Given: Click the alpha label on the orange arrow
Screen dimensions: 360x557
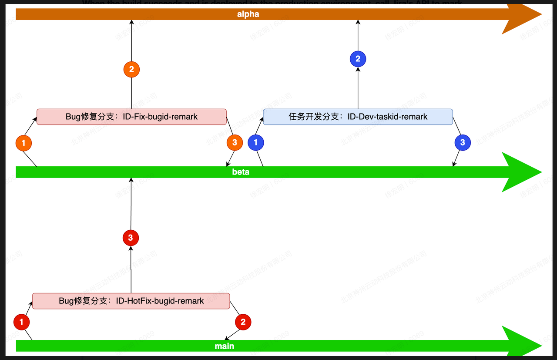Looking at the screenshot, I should [x=248, y=14].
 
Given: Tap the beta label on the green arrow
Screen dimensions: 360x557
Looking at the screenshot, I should [x=241, y=172].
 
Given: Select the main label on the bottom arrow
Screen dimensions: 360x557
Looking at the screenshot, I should [x=225, y=346].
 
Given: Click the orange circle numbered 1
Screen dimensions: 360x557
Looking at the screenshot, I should [x=23, y=142].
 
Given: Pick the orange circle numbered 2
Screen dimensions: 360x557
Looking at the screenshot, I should [x=131, y=69].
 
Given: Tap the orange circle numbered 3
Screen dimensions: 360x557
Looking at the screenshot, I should [x=235, y=142].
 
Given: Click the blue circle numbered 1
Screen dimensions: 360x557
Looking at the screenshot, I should [x=255, y=142].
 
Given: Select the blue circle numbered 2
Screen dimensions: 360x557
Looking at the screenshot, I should [x=358, y=59].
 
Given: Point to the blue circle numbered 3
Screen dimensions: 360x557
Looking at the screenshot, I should [x=463, y=142].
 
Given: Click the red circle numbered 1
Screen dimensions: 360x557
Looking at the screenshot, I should [x=21, y=322].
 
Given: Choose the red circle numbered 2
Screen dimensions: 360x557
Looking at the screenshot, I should [x=243, y=322].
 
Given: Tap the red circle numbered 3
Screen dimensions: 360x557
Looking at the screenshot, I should [x=131, y=238].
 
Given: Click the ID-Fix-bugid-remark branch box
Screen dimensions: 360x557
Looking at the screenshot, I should [x=131, y=117].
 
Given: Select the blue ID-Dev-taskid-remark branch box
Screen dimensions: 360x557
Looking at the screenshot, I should [x=358, y=117].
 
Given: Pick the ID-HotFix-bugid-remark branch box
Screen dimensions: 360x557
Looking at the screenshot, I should [x=131, y=301].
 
